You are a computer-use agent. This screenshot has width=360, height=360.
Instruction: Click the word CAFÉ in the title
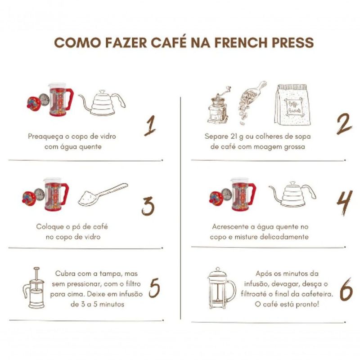coord(168,42)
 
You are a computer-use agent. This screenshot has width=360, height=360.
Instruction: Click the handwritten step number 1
coord(150,126)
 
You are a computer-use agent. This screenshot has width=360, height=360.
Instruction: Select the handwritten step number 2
coord(344,124)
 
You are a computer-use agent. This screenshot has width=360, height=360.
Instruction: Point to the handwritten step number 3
coord(148,206)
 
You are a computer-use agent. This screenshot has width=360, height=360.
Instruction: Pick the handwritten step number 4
coord(344,203)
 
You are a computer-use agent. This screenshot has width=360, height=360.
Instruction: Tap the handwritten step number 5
coord(154,288)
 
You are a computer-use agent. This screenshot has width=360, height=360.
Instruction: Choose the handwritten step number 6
coord(346,289)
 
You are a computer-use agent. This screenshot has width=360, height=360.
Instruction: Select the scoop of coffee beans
coord(250,102)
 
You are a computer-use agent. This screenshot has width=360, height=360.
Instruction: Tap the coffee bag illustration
coord(292,105)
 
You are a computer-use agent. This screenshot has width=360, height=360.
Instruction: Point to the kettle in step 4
coord(293,194)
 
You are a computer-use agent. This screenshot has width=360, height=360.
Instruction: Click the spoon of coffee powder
coord(103,194)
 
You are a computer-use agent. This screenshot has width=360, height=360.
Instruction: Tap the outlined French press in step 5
coord(34,288)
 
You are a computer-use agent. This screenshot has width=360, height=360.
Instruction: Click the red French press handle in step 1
coord(69,99)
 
